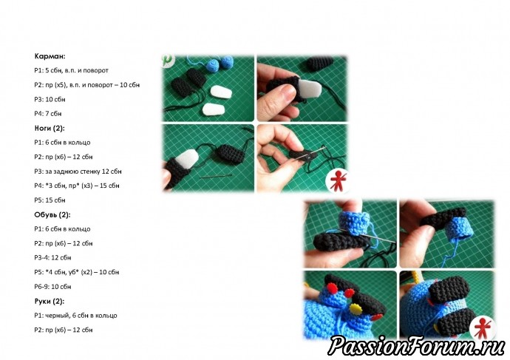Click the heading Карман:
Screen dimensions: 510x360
[x=50, y=56]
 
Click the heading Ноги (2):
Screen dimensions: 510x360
[x=50, y=128]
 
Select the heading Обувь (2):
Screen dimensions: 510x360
[x=52, y=214]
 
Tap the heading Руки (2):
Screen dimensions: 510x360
[x=49, y=301]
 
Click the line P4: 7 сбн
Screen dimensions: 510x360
[x=48, y=114]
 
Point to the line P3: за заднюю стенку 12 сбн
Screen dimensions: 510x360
[x=78, y=171]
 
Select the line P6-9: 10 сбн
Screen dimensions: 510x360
[x=52, y=287]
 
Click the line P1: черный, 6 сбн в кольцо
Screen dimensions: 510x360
[x=75, y=316]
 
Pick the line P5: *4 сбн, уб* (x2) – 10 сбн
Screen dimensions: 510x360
[x=76, y=272]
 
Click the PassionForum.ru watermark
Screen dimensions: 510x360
[x=416, y=345]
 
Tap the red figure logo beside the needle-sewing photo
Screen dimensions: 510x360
[x=338, y=180]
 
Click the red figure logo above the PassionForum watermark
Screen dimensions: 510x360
[x=483, y=327]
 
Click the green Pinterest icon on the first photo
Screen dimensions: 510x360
[x=168, y=60]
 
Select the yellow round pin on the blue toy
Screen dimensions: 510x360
[x=355, y=308]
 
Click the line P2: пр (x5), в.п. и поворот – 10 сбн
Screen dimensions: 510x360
[x=86, y=85]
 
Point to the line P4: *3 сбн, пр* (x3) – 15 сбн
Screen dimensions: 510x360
[x=77, y=186]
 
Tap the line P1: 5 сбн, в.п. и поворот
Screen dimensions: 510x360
[x=71, y=70]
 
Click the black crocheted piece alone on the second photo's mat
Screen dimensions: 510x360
[x=321, y=64]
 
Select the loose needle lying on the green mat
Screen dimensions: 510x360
[x=215, y=176]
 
